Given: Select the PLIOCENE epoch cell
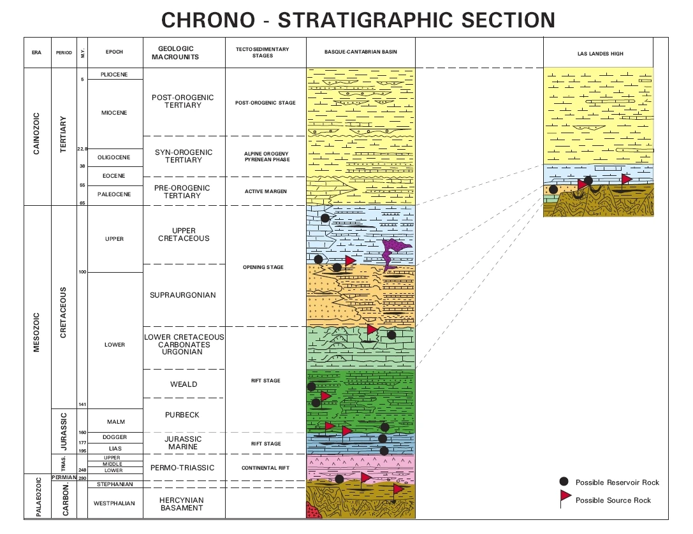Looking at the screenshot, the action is [x=114, y=75].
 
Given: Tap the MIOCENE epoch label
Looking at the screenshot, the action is [x=114, y=113].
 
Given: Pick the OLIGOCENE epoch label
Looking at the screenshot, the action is [x=114, y=157].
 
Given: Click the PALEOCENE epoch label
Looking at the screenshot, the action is [x=114, y=194].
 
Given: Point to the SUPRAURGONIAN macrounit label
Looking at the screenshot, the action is [x=183, y=295].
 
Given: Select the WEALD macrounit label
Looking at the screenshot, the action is [x=183, y=384].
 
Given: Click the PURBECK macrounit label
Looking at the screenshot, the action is [x=183, y=415].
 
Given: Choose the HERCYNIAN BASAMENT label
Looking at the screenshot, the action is [x=183, y=503].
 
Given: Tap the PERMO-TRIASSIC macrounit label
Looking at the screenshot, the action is [x=183, y=468].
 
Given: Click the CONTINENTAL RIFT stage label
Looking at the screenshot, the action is [x=265, y=468].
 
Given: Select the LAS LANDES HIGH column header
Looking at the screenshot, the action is [x=597, y=54].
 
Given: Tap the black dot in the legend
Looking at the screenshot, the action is [x=564, y=482].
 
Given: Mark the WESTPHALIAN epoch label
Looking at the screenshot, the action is [x=114, y=503].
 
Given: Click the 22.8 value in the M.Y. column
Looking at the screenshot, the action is [x=82, y=149].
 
